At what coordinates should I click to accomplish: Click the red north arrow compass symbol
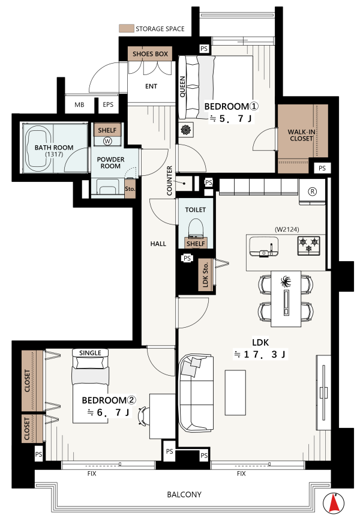[x=334, y=502]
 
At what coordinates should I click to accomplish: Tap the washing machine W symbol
[x=107, y=141]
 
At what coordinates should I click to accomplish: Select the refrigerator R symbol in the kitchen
[x=312, y=191]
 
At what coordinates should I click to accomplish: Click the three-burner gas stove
[x=308, y=245]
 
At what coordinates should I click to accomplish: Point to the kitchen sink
[x=263, y=247]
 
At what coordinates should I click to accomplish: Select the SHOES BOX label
[x=150, y=54]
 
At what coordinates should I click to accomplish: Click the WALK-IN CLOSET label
[x=301, y=135]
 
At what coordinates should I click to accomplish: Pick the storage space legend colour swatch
[x=126, y=29]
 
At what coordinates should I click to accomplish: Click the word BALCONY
[x=184, y=495]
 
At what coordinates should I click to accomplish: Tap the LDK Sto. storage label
[x=205, y=275]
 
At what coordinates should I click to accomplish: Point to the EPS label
[x=108, y=104]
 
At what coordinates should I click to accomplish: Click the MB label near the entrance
[x=79, y=105]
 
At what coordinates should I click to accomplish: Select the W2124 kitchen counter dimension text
[x=287, y=229]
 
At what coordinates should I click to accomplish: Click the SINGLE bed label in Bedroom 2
[x=90, y=353]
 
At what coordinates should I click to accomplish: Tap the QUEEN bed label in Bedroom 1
[x=182, y=86]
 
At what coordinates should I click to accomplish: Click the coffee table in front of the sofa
[x=235, y=393]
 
